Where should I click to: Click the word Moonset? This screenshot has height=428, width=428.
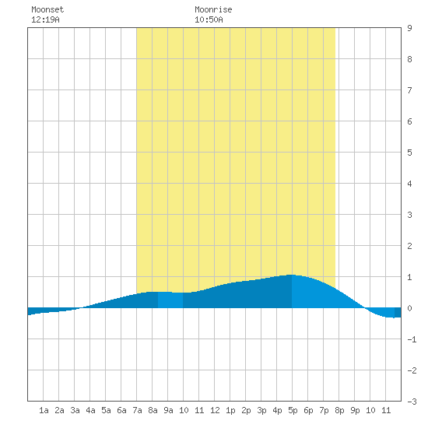pos(47,9)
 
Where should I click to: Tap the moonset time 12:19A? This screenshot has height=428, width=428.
pos(45,19)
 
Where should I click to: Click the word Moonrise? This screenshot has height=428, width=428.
pos(213,9)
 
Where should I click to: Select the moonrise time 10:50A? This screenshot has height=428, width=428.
pos(209,19)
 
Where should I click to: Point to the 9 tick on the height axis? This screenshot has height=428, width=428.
pos(409,28)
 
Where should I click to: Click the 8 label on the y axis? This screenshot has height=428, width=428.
pos(409,59)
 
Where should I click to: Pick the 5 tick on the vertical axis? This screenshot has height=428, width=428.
pos(409,153)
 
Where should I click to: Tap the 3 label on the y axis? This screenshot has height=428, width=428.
pos(409,215)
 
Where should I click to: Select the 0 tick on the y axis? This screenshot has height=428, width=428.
pos(409,308)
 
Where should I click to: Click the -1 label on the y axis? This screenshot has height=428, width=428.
pos(412,339)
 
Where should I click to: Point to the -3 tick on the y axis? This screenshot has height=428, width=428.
pos(412,402)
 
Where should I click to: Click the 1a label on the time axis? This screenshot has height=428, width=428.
pos(44,410)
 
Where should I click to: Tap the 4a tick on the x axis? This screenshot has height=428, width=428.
pos(90,410)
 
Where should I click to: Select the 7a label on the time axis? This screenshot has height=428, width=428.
pos(137,410)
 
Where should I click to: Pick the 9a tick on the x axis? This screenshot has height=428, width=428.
pos(168,410)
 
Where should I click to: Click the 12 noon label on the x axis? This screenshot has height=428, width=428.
pos(215,410)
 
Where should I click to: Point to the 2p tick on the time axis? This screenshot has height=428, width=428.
pos(246,410)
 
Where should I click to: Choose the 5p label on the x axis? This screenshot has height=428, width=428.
pos(293,410)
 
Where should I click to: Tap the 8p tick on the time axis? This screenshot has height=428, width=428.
pos(339,410)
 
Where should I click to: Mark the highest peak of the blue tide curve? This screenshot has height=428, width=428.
pos(292,275)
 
